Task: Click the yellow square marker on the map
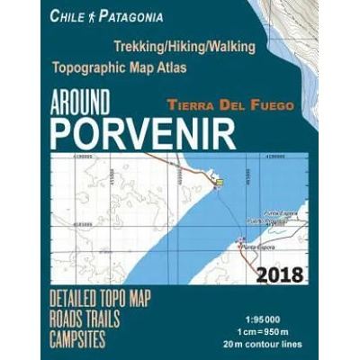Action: pyautogui.click(x=218, y=183)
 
